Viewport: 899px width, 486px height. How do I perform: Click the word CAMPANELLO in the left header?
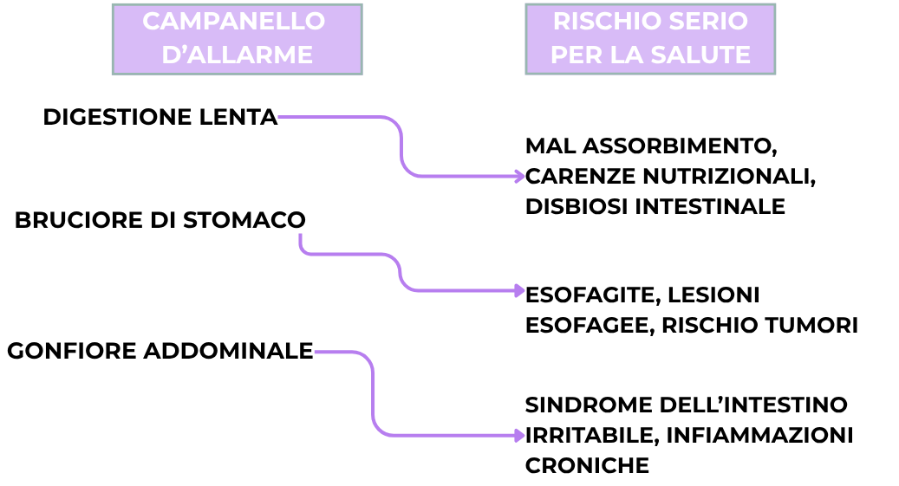click(234, 22)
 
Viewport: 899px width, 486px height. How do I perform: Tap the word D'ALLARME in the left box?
click(237, 55)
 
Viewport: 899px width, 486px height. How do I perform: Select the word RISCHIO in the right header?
click(601, 22)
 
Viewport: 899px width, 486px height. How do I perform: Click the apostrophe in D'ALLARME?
click(186, 49)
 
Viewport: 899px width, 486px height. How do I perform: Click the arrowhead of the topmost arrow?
click(520, 176)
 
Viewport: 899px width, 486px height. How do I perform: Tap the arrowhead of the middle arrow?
click(520, 290)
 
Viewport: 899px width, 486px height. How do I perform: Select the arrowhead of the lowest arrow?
click(520, 435)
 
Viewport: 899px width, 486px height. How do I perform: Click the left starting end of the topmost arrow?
click(280, 116)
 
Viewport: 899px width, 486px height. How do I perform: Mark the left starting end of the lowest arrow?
click(316, 352)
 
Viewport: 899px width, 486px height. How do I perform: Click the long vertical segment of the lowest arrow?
click(373, 394)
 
